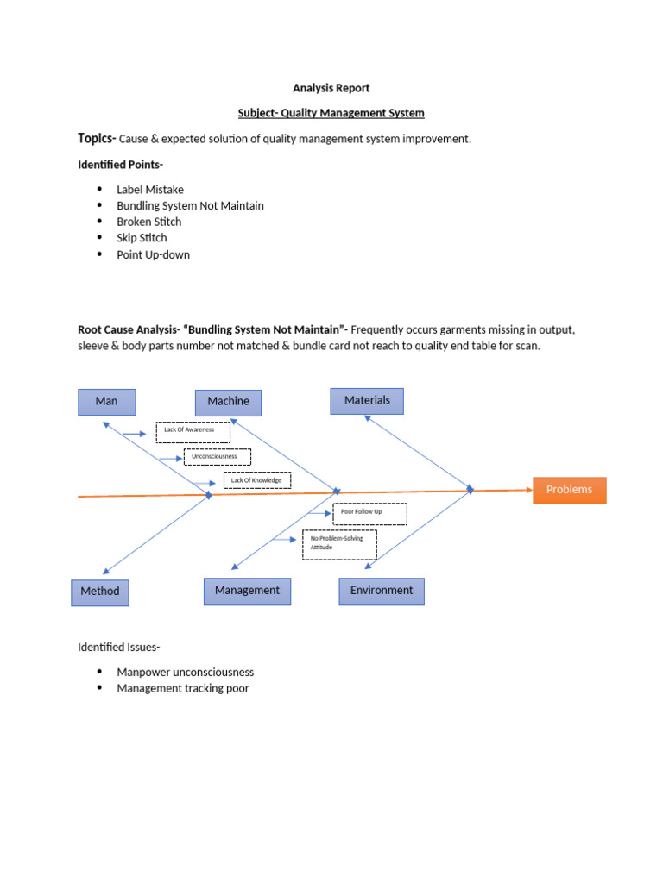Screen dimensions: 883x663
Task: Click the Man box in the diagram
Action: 106,402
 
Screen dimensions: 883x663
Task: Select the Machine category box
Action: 228,402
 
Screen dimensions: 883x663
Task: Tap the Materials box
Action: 367,401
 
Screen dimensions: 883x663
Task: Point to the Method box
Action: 100,592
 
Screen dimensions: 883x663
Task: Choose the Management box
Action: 247,591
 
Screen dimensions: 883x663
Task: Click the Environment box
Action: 381,591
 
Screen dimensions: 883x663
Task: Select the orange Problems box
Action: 569,490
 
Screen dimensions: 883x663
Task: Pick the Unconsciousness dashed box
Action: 217,457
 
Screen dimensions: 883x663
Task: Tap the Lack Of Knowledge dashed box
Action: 256,480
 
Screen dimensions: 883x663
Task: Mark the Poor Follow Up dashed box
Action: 369,513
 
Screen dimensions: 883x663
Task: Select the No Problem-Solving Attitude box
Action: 339,544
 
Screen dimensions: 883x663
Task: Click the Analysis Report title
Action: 331,88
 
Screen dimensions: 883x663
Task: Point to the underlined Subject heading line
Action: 331,113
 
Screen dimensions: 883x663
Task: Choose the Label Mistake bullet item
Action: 150,190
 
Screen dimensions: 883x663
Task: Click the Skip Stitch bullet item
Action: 142,238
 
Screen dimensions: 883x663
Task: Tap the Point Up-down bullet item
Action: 153,254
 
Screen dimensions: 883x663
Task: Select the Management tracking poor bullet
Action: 182,688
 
